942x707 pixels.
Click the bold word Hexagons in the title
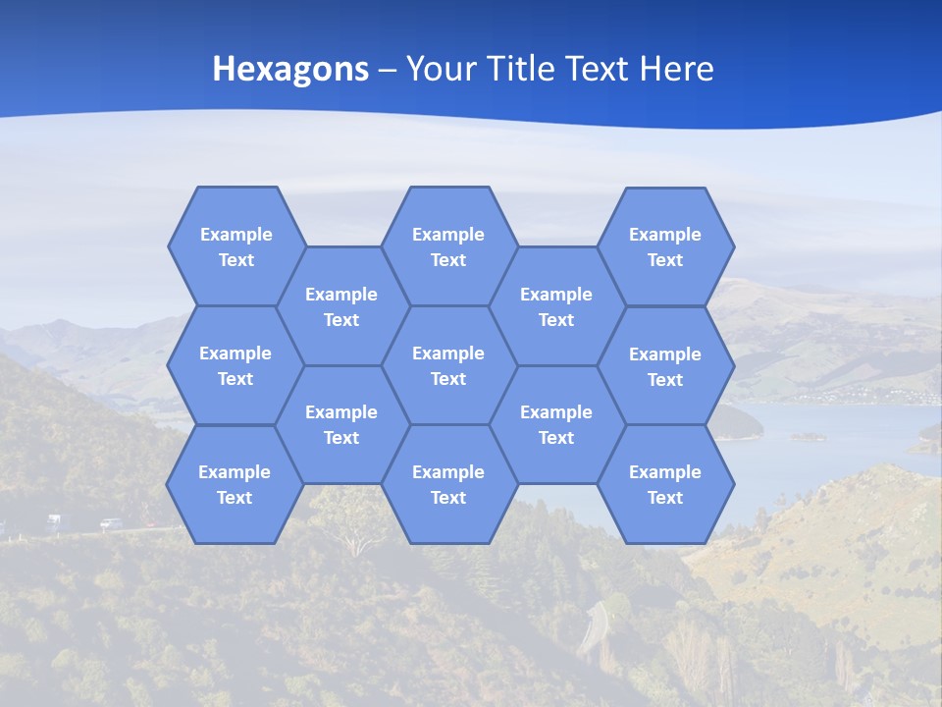[290, 69]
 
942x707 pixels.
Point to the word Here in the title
[676, 69]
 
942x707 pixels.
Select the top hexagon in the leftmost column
[236, 246]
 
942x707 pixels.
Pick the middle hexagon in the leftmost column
[235, 365]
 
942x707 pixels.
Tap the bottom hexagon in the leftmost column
[235, 484]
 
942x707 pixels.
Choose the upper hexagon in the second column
[341, 306]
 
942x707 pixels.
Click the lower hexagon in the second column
[341, 424]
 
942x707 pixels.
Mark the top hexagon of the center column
[448, 246]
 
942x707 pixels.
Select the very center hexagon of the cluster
[448, 365]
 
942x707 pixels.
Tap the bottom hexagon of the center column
[448, 484]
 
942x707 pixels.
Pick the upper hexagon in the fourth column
[556, 306]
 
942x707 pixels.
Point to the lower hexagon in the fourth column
[556, 424]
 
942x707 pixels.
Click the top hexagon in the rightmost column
[665, 246]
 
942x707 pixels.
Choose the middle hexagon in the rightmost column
[665, 366]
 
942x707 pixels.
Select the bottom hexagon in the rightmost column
[665, 484]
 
